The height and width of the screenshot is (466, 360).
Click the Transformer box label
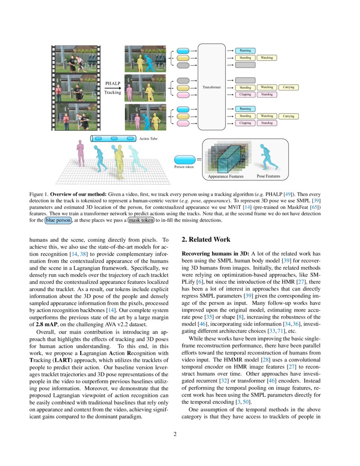coord(212,87)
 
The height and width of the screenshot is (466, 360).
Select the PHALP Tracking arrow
coord(112,88)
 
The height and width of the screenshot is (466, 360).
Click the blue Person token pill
coord(185,160)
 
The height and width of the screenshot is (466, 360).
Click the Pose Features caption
coord(268,176)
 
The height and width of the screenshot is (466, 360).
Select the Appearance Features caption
coord(226,177)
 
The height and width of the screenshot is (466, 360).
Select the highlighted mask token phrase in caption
coord(141,220)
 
